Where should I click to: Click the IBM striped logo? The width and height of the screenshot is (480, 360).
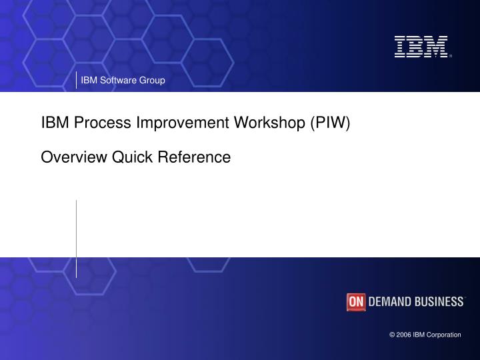[x=421, y=47]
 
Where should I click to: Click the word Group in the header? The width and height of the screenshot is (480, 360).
[x=152, y=81]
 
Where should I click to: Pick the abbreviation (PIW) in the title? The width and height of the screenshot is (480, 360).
[x=329, y=123]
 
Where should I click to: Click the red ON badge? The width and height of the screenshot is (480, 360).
[x=356, y=302]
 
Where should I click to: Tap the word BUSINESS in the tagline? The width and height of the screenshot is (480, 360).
[x=439, y=302]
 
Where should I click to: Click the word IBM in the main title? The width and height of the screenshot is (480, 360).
[x=55, y=123]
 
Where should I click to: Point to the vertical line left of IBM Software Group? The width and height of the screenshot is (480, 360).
[x=76, y=79]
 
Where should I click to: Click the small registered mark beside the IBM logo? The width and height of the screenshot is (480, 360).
[x=451, y=57]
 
